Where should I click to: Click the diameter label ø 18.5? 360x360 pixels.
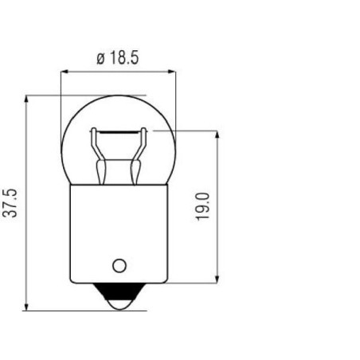(x=117, y=58)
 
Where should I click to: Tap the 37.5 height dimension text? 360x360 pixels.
(x=10, y=203)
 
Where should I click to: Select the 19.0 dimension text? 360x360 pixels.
(x=203, y=207)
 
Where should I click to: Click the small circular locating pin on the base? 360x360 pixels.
(x=119, y=265)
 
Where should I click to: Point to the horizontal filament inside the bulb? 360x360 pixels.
(x=119, y=131)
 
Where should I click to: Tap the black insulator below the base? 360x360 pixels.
(x=119, y=292)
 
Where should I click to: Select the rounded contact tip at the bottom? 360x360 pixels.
(x=119, y=304)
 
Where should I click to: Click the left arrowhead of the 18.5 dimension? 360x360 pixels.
(x=65, y=72)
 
